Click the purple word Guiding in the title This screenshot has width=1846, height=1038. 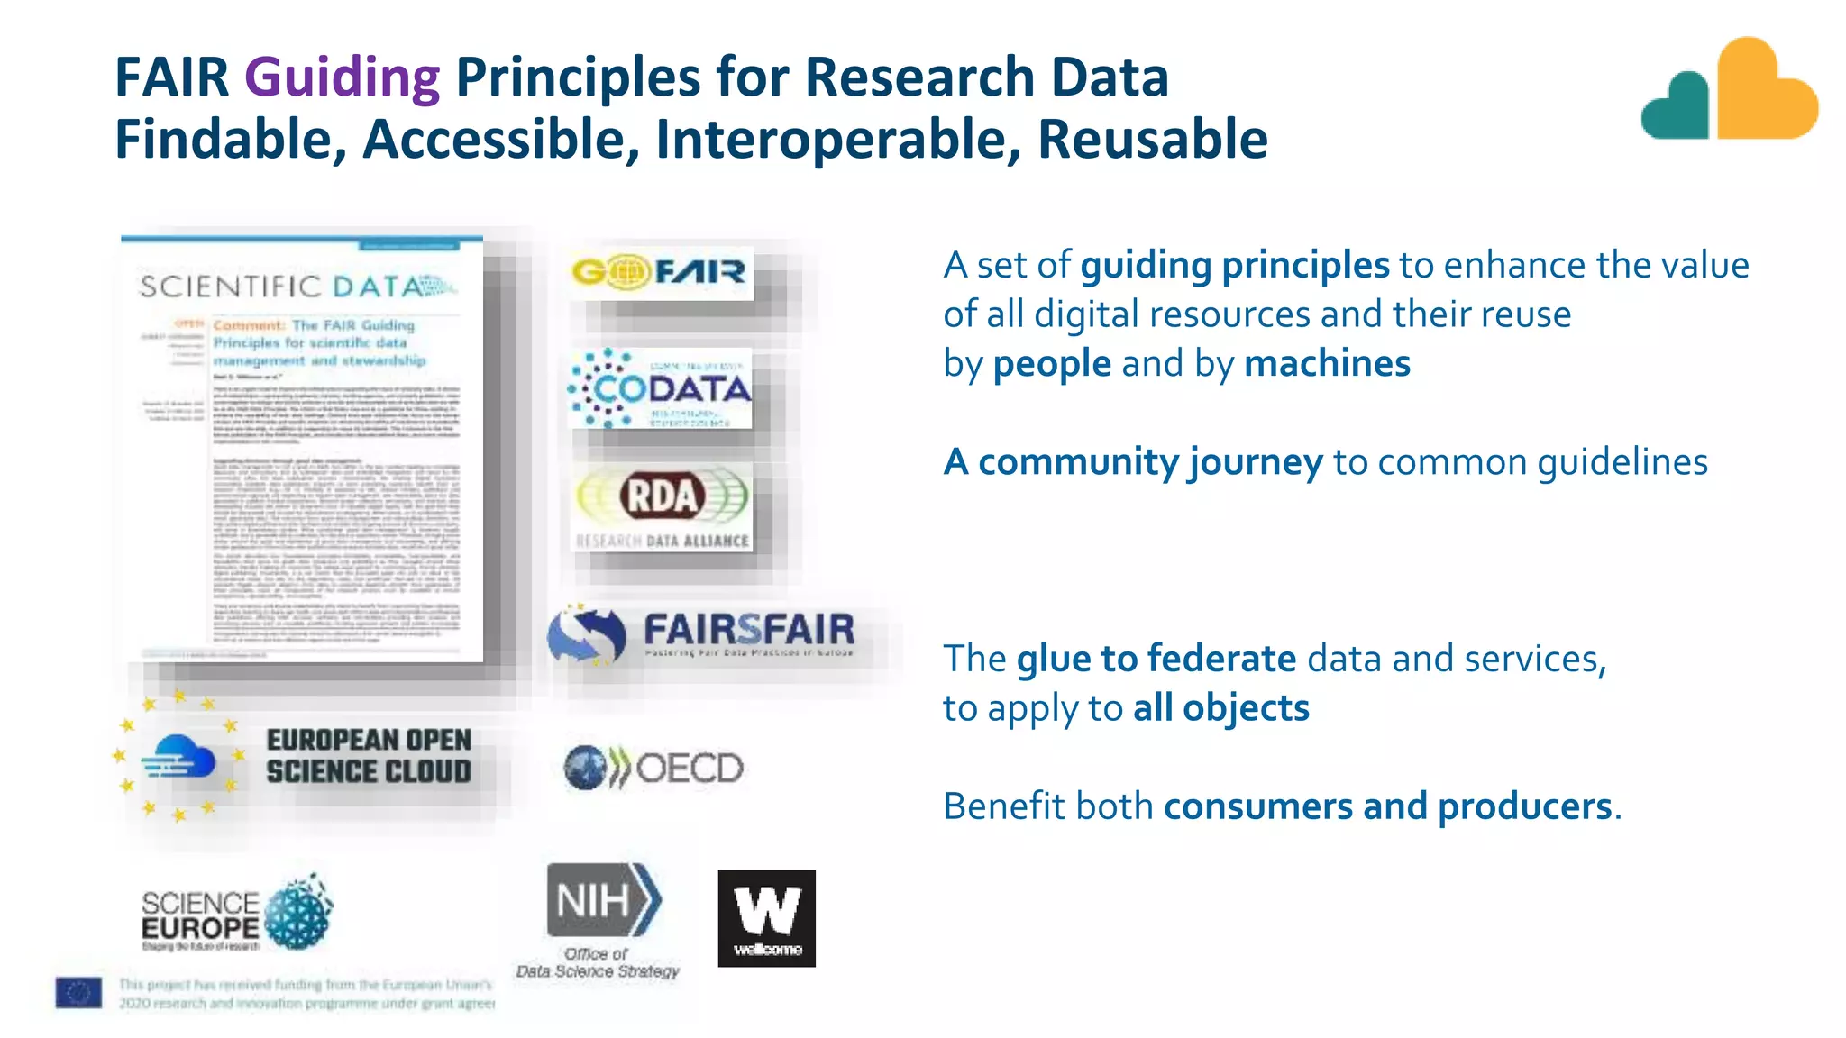point(342,77)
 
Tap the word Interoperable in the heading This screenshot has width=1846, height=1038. point(837,140)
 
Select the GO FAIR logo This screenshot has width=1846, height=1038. point(661,271)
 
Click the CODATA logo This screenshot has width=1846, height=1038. point(661,388)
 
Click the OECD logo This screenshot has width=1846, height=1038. point(653,768)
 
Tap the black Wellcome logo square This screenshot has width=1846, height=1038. point(766,917)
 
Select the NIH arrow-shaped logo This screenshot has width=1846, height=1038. point(603,900)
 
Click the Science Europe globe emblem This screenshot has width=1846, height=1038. point(298,913)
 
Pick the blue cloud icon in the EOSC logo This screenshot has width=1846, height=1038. point(183,757)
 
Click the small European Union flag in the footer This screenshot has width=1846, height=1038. point(78,992)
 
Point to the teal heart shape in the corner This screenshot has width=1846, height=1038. point(1677,107)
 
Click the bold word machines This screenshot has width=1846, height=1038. point(1327,364)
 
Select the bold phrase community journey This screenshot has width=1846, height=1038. point(1149,462)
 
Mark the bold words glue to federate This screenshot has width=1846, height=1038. point(1156,659)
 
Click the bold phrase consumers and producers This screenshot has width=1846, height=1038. point(1387,806)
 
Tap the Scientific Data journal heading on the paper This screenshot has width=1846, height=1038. point(297,287)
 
